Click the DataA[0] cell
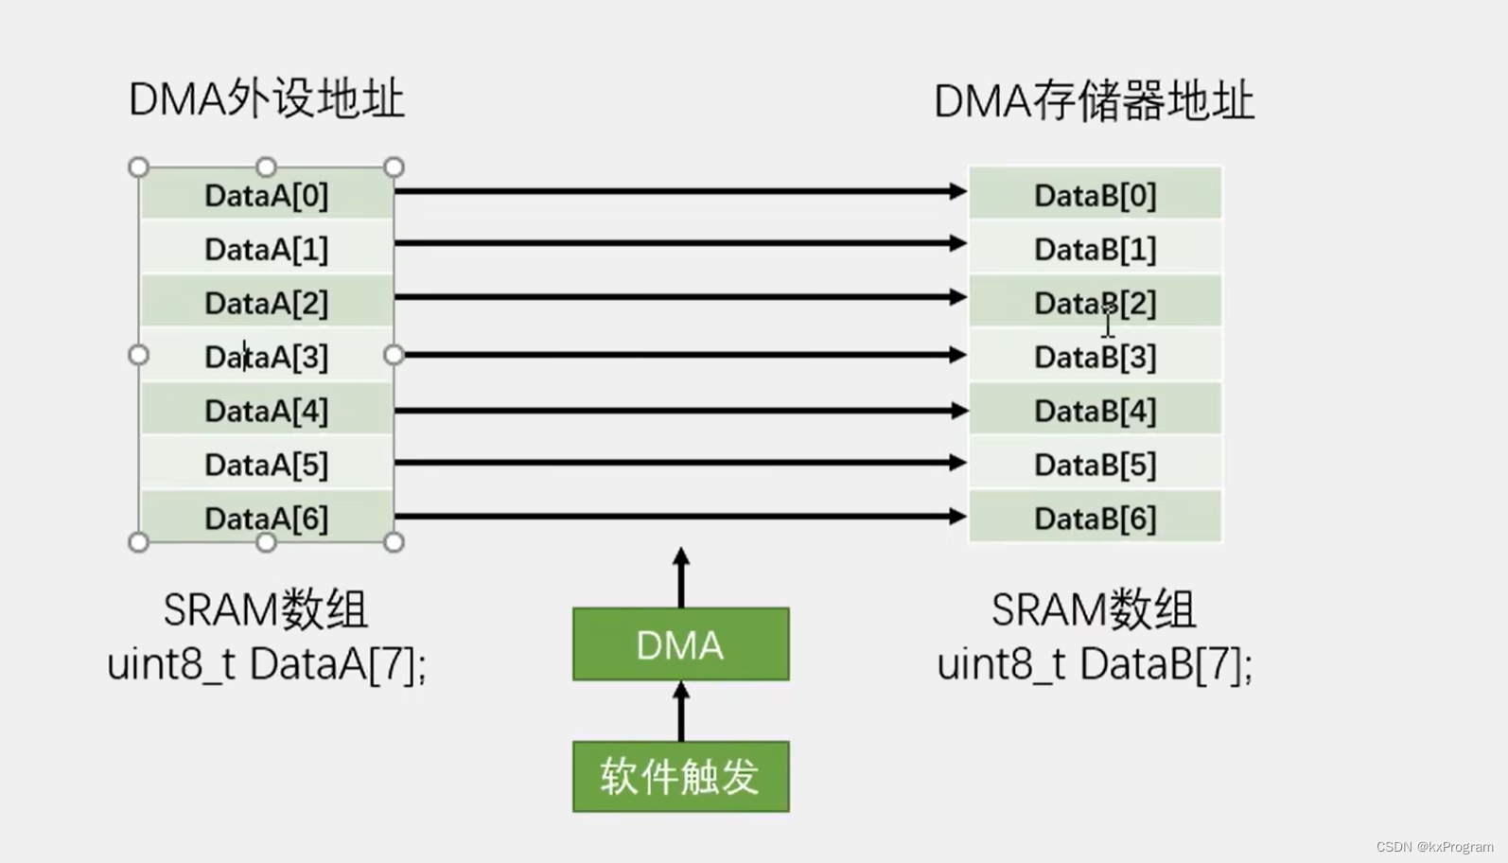pos(266,196)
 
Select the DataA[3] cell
pos(266,357)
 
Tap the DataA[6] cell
pos(266,519)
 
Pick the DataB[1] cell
pos(1095,249)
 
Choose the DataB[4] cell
pos(1095,411)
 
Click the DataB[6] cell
pos(1095,519)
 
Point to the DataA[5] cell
pos(266,465)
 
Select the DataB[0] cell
pos(1095,196)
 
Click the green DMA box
pos(680,644)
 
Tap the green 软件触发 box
pos(680,777)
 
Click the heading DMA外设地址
pos(266,99)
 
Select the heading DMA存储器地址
pos(1094,101)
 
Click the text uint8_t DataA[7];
pos(266,664)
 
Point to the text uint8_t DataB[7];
pos(1095,664)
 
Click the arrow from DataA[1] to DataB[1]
pos(679,243)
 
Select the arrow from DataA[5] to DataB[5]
pos(679,462)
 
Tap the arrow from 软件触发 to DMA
pos(681,712)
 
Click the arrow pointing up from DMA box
pos(681,577)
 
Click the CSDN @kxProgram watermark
pos(1434,847)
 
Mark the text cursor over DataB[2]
pos(1108,325)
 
